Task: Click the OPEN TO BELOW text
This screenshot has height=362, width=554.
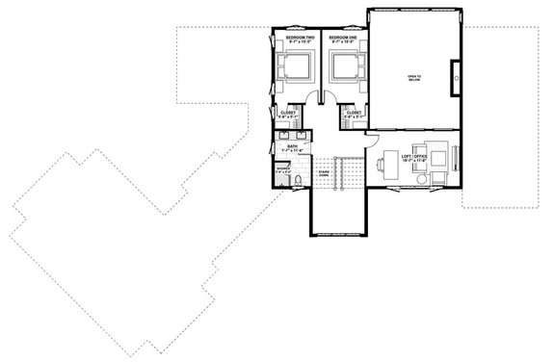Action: pyautogui.click(x=413, y=78)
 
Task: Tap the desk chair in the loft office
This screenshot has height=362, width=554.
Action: pyautogui.click(x=383, y=164)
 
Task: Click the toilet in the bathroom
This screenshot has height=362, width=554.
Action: pyautogui.click(x=299, y=180)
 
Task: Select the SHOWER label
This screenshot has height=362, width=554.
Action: pyautogui.click(x=282, y=167)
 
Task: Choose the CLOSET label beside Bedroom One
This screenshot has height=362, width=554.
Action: pyautogui.click(x=353, y=112)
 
